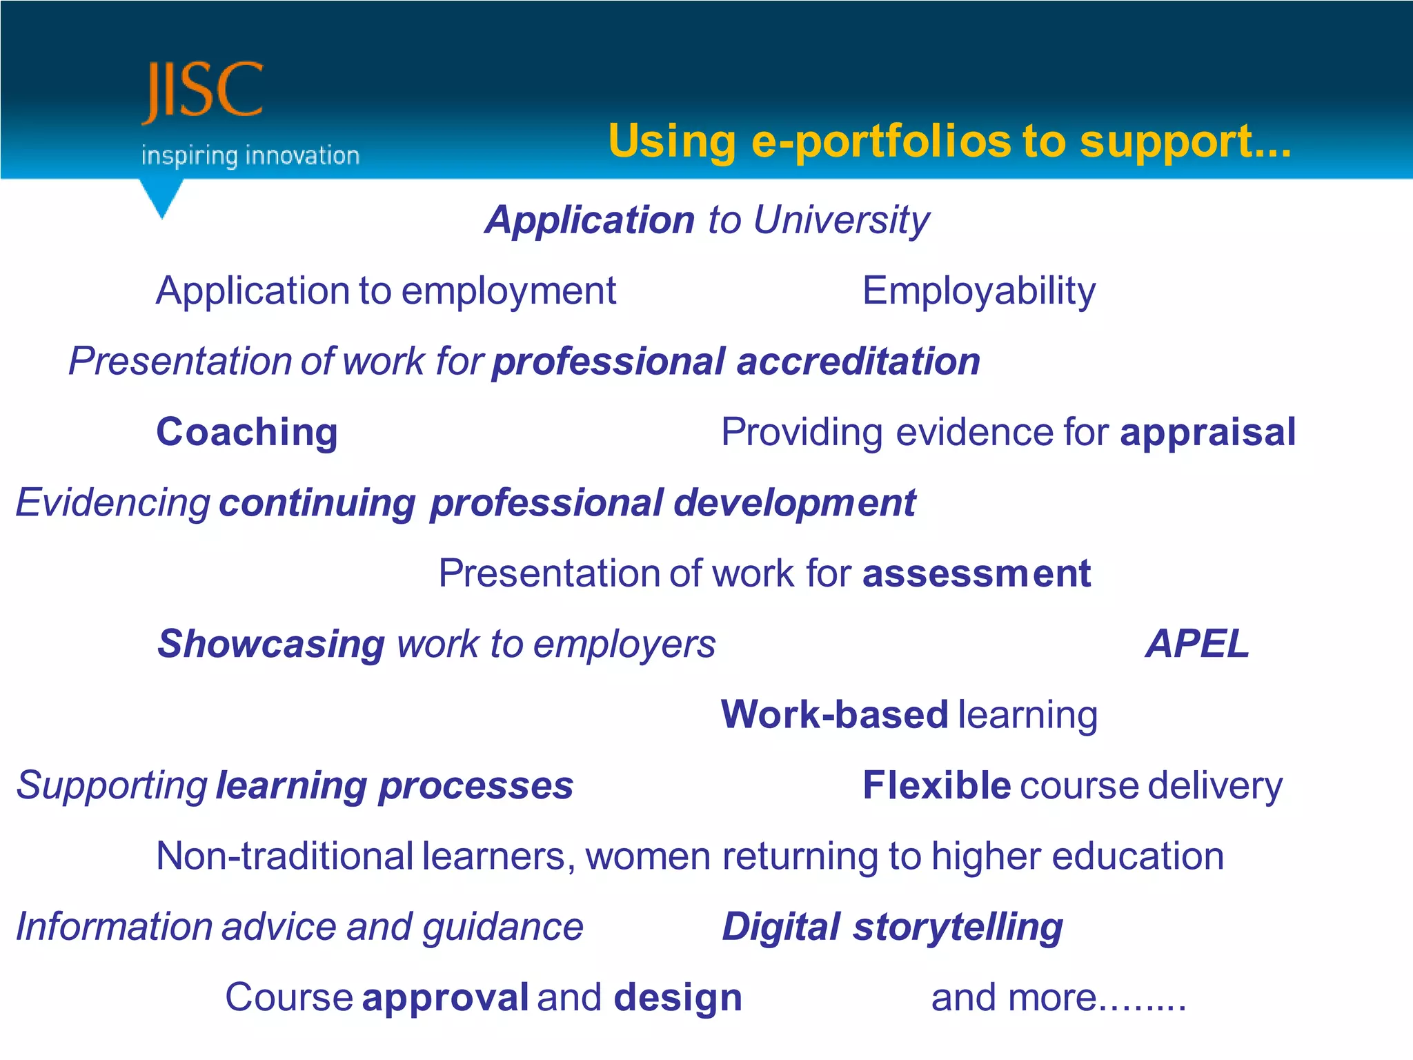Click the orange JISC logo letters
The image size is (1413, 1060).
[203, 91]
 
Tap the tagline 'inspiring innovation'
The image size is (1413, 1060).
[250, 156]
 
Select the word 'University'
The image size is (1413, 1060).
[841, 221]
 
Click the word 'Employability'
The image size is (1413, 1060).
[978, 291]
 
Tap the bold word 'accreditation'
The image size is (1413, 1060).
[858, 362]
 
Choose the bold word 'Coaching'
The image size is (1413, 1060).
[247, 433]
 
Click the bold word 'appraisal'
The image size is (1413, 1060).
[1207, 433]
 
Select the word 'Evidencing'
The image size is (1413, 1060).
[113, 503]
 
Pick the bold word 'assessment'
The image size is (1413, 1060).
[976, 573]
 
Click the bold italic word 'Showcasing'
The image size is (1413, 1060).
[271, 645]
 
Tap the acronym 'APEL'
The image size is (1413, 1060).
[1197, 645]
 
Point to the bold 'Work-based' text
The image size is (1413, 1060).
[834, 715]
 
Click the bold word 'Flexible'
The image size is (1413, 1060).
[936, 786]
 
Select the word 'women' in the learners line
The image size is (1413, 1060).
[648, 856]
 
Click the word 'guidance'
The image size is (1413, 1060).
[503, 927]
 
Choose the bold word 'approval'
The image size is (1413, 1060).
[445, 998]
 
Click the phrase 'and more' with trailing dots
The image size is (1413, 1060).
[1058, 998]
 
